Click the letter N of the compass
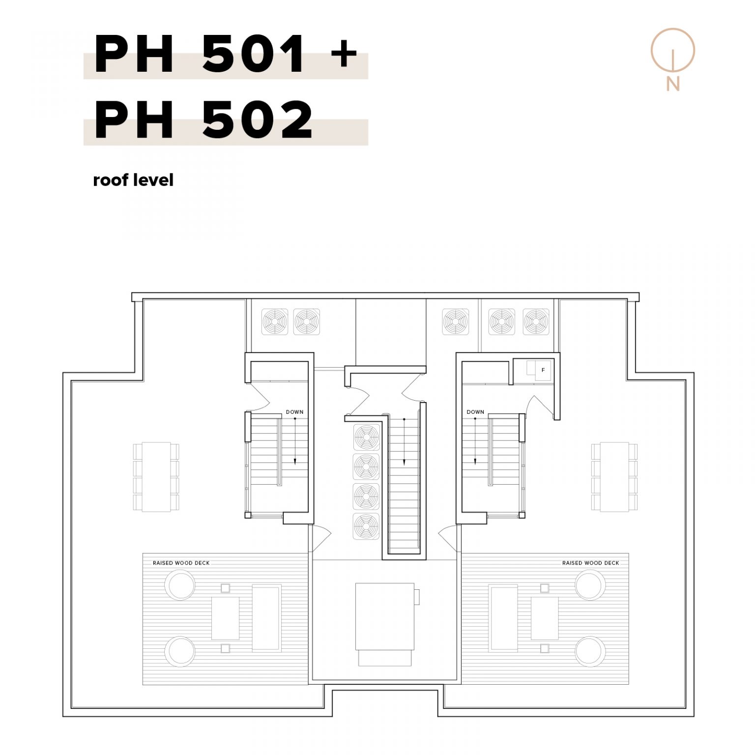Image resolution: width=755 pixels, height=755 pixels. [672, 84]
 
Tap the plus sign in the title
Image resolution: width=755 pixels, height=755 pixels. [344, 53]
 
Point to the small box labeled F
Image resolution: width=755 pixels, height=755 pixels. [543, 370]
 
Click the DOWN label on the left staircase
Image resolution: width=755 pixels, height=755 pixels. [294, 412]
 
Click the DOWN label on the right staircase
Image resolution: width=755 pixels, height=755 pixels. [475, 412]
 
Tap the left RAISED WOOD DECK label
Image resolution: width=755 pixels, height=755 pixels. [181, 563]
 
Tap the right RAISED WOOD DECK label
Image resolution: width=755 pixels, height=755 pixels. [590, 563]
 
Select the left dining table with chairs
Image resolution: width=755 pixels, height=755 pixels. [156, 477]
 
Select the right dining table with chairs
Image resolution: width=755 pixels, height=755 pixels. [614, 477]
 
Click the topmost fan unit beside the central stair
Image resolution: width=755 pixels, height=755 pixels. [367, 437]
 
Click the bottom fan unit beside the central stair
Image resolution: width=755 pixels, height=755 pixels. [367, 526]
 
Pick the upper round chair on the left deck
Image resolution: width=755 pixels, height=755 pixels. [180, 585]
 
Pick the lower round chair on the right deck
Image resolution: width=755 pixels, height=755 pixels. [590, 651]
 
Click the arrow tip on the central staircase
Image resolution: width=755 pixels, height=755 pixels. [404, 465]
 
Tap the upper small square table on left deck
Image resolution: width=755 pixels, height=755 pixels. [225, 588]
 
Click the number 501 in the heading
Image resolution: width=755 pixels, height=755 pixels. [254, 54]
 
